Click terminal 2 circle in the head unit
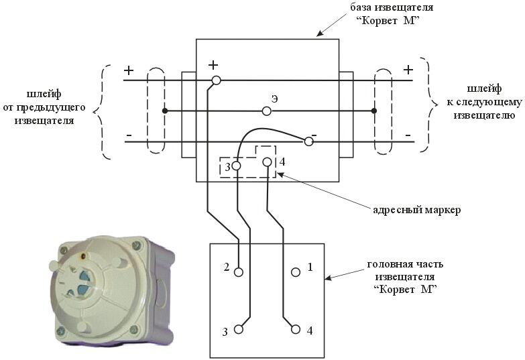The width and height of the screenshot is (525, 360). (x=239, y=272)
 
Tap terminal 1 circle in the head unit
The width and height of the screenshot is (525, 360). (x=296, y=272)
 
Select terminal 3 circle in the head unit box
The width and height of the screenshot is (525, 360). (x=239, y=329)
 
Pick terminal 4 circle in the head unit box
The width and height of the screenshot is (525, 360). (x=296, y=329)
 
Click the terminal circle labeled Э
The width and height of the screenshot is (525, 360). (x=266, y=111)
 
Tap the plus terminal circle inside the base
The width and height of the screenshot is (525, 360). (x=217, y=80)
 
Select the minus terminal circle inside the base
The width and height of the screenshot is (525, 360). (x=308, y=141)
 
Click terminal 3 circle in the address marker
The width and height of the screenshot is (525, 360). (x=237, y=166)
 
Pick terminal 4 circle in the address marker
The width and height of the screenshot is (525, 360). (x=267, y=162)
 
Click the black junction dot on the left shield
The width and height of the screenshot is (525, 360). (x=164, y=111)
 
